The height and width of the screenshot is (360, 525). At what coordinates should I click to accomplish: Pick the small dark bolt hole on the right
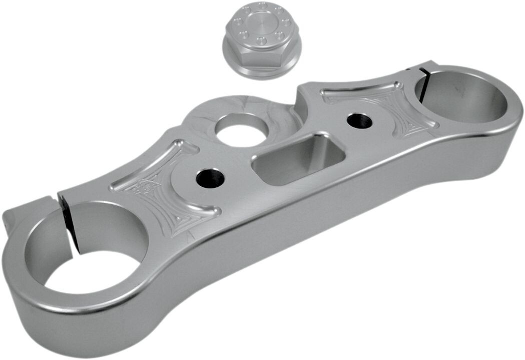pos(360,120)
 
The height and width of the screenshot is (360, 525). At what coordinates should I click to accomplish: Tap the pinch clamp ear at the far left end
pos(20,220)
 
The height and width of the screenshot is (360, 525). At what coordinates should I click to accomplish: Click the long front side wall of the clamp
pos(300,240)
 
